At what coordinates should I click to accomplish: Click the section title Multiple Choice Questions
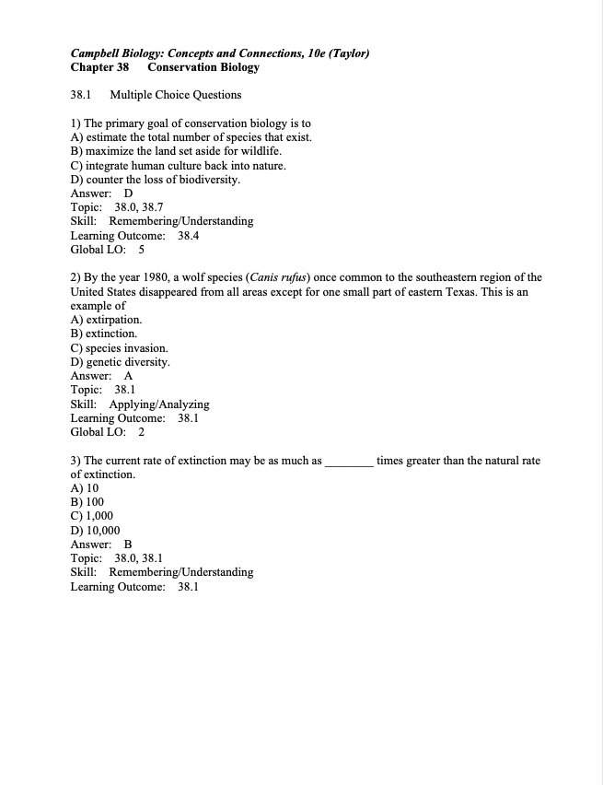(175, 95)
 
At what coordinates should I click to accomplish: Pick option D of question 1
(155, 180)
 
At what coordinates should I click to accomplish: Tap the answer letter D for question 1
(128, 193)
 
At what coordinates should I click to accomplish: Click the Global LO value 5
(141, 249)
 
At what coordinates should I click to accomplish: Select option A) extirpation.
(106, 320)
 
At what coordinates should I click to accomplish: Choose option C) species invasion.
(119, 348)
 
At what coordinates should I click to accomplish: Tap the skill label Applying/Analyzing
(159, 404)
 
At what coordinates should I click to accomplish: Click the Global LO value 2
(141, 431)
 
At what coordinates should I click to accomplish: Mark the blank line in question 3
(349, 461)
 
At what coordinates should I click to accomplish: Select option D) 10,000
(95, 531)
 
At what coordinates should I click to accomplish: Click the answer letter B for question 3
(128, 545)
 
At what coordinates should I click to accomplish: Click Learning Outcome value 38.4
(188, 235)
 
